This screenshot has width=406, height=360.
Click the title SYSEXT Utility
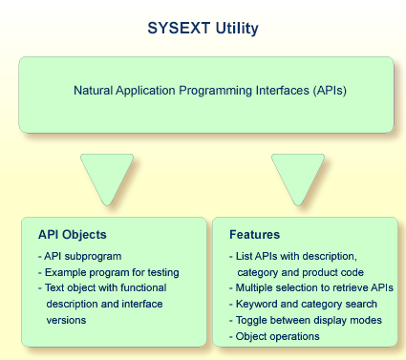pyautogui.click(x=203, y=28)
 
